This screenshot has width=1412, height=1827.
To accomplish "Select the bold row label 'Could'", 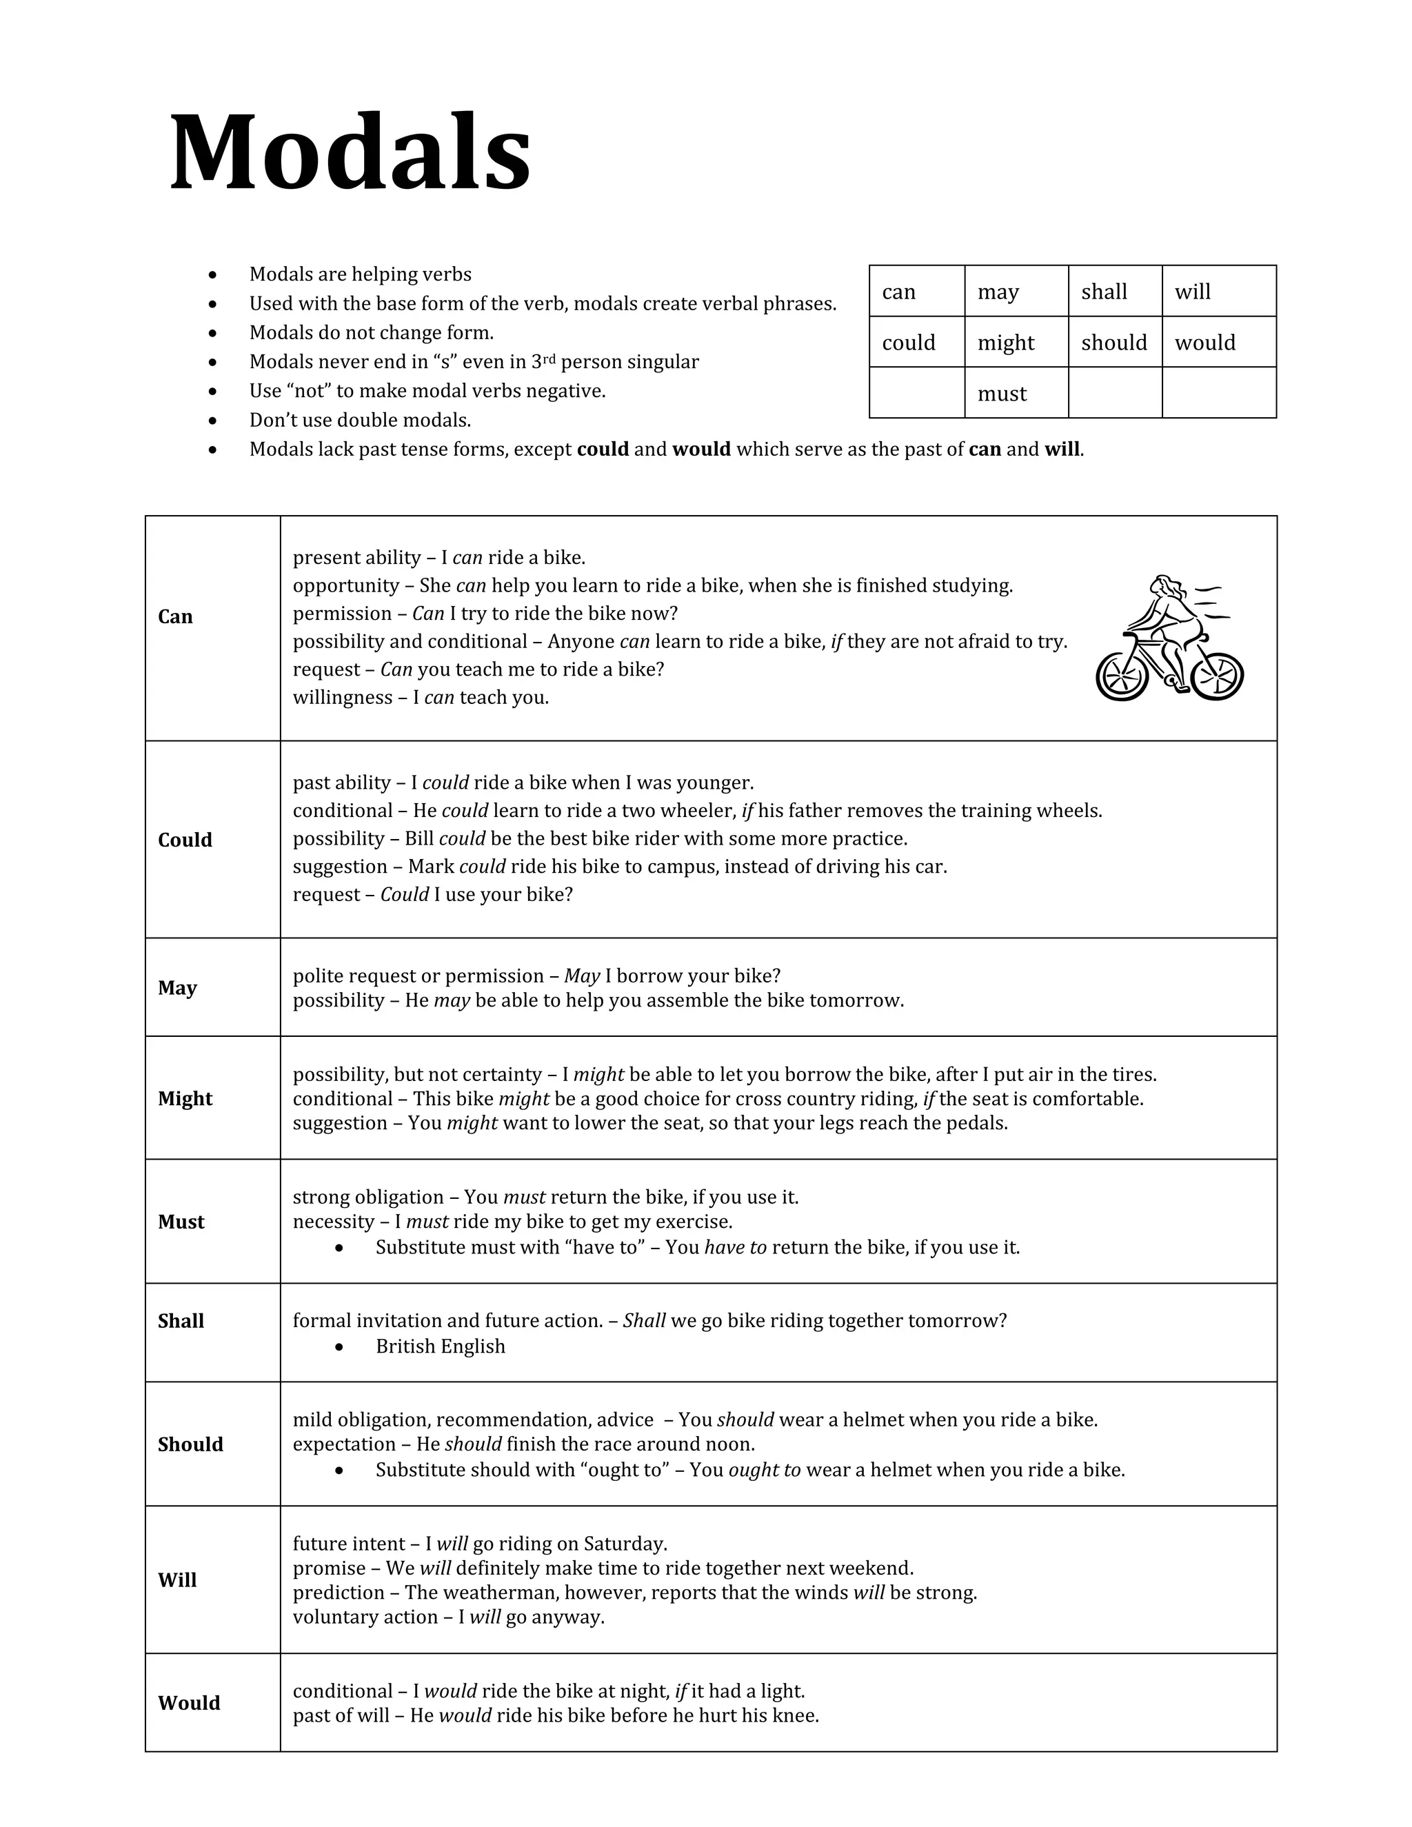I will (x=185, y=840).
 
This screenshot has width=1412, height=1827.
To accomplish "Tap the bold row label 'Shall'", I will (x=181, y=1321).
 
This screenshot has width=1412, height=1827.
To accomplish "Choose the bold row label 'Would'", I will (x=189, y=1703).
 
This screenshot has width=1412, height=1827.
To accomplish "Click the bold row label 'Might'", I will (x=185, y=1098).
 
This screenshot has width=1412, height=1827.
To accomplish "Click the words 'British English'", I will (x=440, y=1346).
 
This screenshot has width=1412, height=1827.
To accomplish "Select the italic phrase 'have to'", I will (x=735, y=1247).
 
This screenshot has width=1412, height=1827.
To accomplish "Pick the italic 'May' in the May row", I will (x=582, y=976).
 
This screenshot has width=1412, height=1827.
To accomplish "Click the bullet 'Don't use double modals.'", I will (x=360, y=420).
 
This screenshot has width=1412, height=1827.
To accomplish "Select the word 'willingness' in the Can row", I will (x=342, y=698).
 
